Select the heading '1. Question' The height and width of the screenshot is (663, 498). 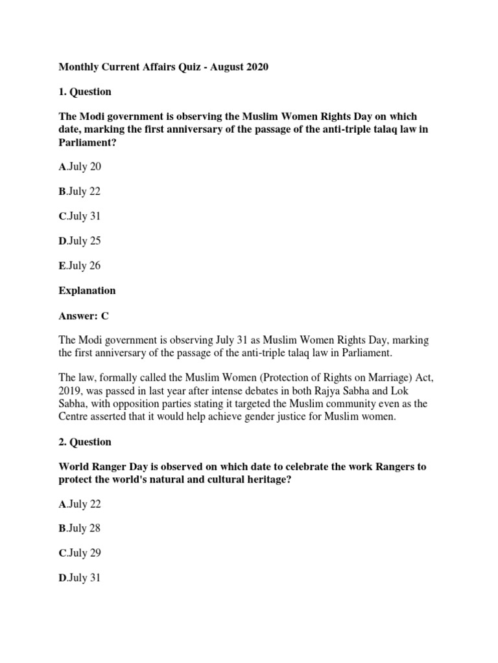click(85, 92)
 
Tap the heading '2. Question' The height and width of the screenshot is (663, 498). click(85, 442)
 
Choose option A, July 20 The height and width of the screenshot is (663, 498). click(80, 167)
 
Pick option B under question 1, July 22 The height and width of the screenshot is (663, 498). click(80, 192)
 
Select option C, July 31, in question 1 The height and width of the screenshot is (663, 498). click(80, 216)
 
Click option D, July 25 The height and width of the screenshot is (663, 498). click(80, 241)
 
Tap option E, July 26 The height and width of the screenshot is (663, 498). click(80, 265)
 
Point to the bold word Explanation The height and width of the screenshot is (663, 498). click(88, 291)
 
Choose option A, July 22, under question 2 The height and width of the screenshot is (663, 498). click(80, 504)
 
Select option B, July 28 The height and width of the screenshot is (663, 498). click(80, 528)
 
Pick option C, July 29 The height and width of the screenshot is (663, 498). click(80, 553)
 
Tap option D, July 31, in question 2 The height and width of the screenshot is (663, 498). click(80, 578)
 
